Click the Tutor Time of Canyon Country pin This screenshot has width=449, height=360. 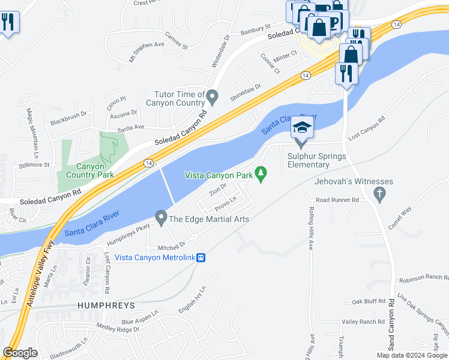(211, 96)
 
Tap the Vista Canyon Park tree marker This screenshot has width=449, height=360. (261, 174)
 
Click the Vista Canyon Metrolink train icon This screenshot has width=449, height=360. (202, 257)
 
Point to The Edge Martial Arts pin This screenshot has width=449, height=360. (161, 217)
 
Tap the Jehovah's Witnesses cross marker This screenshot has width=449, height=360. (378, 194)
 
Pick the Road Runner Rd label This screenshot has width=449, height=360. (337, 200)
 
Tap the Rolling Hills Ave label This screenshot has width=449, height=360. (312, 228)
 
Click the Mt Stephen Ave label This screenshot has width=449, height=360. (146, 52)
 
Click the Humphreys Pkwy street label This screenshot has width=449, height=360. (127, 235)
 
